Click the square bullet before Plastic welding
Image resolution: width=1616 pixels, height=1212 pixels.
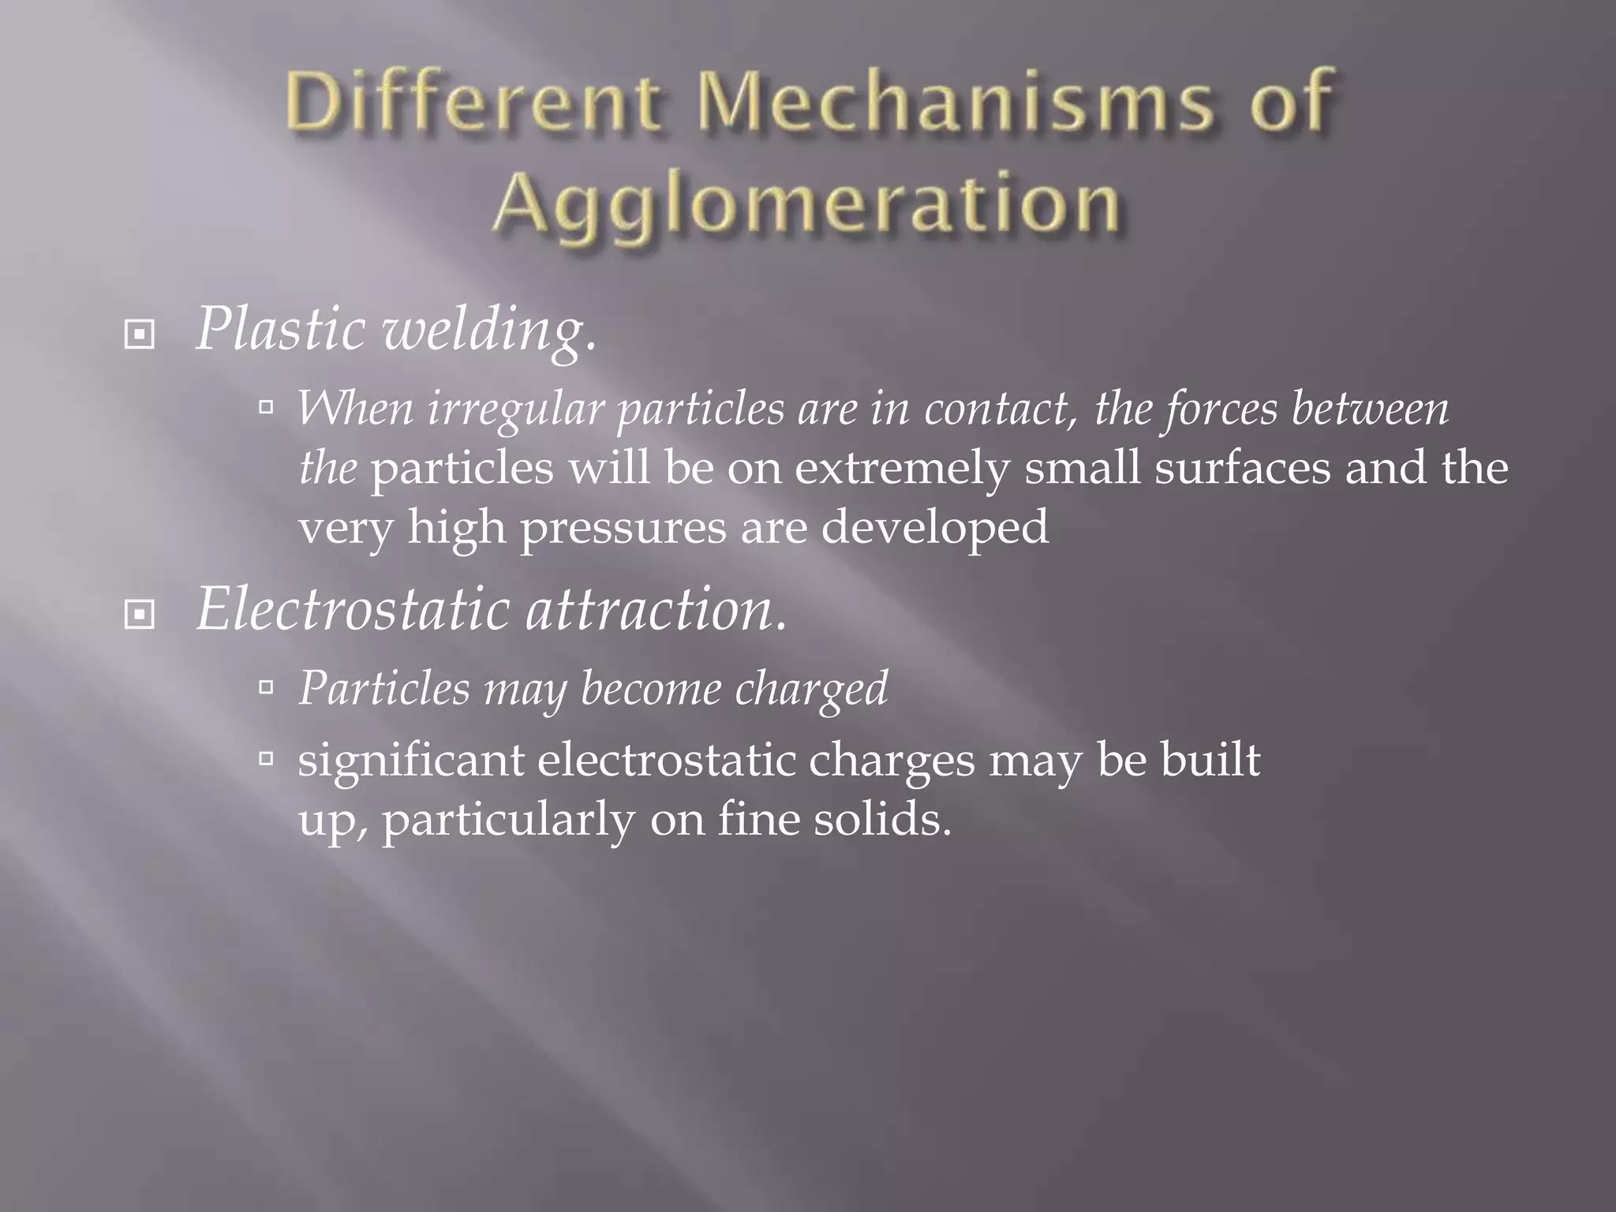point(140,335)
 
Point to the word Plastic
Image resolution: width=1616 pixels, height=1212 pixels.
point(280,330)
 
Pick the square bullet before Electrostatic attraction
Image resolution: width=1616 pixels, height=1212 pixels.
point(140,614)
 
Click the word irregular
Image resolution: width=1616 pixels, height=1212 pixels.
point(515,410)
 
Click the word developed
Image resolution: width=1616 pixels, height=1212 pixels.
point(935,527)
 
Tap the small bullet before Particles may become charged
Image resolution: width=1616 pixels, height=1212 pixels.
point(266,687)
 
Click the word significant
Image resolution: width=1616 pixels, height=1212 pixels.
point(411,761)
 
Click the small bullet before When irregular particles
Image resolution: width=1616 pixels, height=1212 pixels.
point(266,407)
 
